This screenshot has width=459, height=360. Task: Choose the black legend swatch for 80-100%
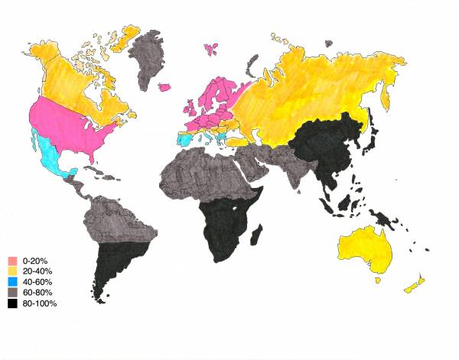[12, 304]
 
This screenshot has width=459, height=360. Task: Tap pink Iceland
[212, 50]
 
